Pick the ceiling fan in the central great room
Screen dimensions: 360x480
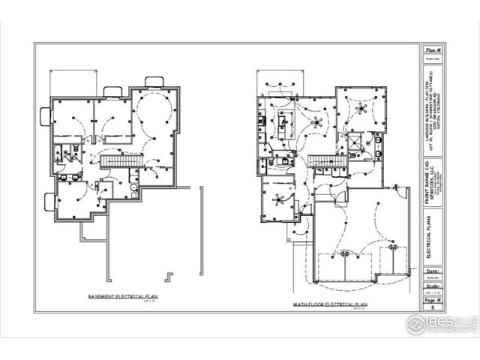coord(316,123)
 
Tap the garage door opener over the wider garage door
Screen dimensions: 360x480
coord(346,253)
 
